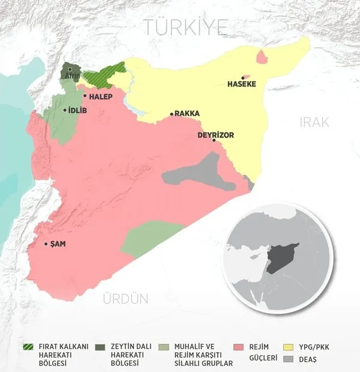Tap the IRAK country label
click(314, 122)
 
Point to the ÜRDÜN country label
click(125, 299)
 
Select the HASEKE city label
click(242, 84)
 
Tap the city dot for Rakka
click(171, 113)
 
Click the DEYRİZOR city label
click(215, 135)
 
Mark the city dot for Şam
click(47, 244)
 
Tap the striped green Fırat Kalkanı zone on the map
click(102, 77)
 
